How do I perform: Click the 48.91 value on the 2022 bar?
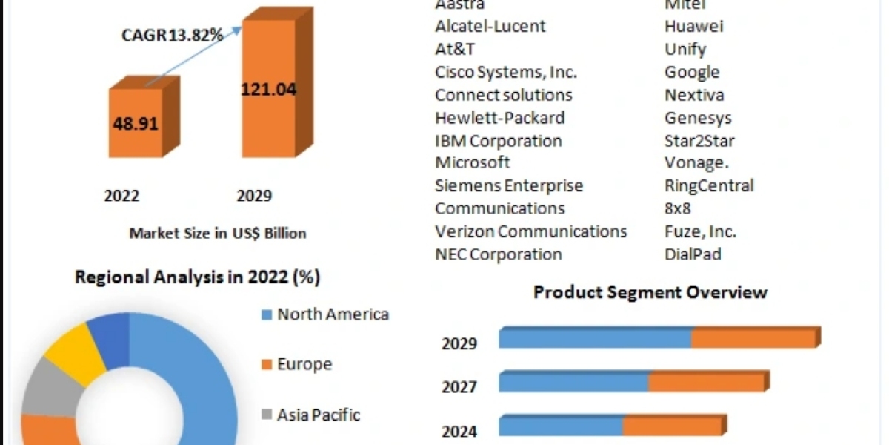coord(136,123)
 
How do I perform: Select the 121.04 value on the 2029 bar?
coord(268,90)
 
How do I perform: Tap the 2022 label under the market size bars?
coord(121,196)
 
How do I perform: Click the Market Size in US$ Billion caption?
coord(218,233)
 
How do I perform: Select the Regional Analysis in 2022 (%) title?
coord(197,277)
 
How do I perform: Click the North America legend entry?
coord(333,314)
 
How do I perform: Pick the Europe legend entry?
coord(304,364)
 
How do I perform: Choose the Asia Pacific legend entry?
coord(319,415)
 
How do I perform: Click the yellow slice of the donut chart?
coord(74,354)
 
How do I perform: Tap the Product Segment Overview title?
coord(650,292)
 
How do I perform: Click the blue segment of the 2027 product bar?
coord(573,383)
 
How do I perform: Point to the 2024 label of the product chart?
coord(459,431)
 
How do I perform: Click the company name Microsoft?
coord(473,162)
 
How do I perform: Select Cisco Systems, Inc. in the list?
coord(506,72)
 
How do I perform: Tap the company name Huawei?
coord(694,26)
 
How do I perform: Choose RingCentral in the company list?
coord(709,185)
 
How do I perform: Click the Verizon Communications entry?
coord(531,231)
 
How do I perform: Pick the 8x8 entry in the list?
coord(678,208)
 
